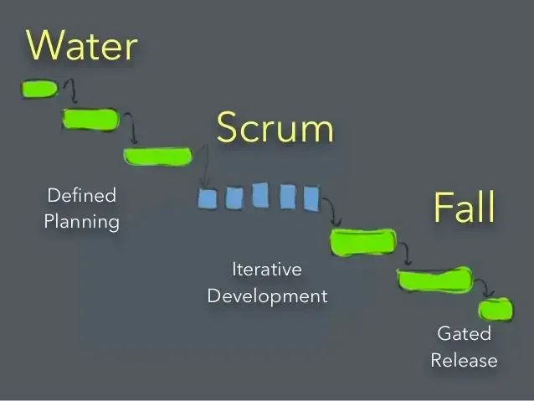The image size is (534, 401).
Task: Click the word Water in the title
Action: click(x=82, y=45)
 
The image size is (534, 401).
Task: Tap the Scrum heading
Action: click(x=275, y=128)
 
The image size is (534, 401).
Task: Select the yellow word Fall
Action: click(x=465, y=207)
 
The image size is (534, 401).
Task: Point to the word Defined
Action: click(x=81, y=196)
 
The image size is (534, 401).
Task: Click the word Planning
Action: click(x=81, y=223)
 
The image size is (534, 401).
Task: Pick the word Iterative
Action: click(x=266, y=270)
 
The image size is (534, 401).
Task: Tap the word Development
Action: click(x=267, y=296)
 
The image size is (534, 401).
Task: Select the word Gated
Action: click(x=464, y=334)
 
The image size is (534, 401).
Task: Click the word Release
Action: click(x=464, y=361)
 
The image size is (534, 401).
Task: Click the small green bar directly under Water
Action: click(x=39, y=88)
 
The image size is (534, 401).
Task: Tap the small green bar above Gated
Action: click(x=495, y=310)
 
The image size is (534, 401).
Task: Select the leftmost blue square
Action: click(x=208, y=198)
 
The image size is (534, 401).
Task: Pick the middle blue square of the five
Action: click(x=260, y=195)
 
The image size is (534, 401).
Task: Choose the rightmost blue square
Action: click(x=311, y=198)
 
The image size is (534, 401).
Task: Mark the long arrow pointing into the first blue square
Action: click(x=203, y=167)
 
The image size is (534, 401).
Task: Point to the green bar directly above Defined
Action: click(x=157, y=156)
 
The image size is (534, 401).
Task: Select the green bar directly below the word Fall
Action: click(x=363, y=242)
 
